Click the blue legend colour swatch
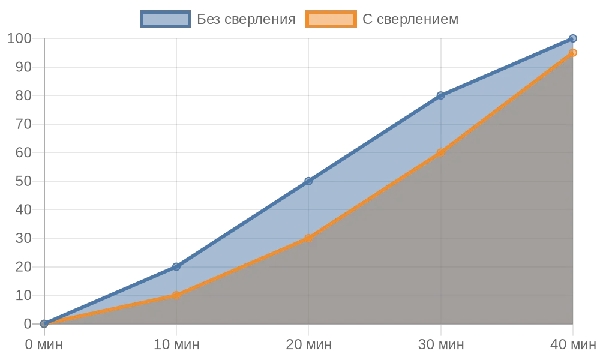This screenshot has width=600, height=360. click(x=165, y=19)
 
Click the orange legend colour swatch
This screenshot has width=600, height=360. click(x=331, y=19)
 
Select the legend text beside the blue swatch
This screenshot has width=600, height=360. click(x=247, y=19)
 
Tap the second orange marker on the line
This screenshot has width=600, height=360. click(x=176, y=295)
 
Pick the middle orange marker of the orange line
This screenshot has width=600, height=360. click(x=308, y=238)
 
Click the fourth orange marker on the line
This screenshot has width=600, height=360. click(x=440, y=152)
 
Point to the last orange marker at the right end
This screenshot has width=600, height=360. click(x=573, y=53)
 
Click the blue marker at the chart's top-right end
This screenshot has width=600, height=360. click(x=573, y=38)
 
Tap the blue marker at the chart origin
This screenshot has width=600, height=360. click(x=44, y=323)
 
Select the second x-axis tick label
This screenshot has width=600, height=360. click(x=176, y=345)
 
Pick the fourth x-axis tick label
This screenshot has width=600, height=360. click(x=440, y=345)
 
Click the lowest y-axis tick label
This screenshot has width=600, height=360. click(x=28, y=324)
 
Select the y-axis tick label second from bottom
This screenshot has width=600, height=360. click(x=25, y=295)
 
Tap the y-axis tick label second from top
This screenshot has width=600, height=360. click(x=25, y=67)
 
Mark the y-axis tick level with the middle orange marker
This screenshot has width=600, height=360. click(x=25, y=238)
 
